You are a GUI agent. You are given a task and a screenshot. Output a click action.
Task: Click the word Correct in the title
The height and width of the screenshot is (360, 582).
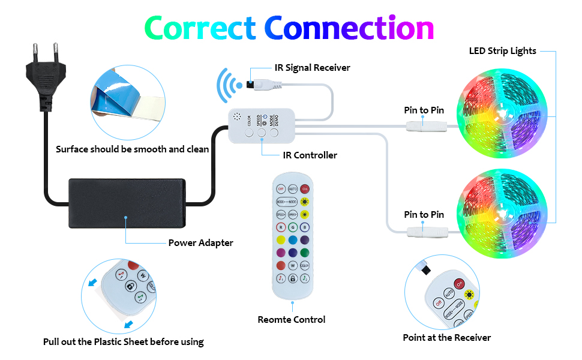tap(199, 28)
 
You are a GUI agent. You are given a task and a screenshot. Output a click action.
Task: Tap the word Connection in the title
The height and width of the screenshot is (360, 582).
tap(349, 28)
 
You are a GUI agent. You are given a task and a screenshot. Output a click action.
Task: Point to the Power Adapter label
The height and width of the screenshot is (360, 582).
tap(200, 243)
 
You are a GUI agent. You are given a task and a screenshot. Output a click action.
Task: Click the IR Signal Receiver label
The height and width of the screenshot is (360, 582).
tap(312, 67)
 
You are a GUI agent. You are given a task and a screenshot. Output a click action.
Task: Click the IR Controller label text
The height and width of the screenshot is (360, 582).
tap(310, 155)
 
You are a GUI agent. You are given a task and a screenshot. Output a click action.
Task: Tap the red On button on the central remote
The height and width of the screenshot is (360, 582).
tap(305, 189)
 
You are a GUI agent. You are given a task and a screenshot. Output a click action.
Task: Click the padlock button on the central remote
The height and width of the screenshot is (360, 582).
tap(293, 278)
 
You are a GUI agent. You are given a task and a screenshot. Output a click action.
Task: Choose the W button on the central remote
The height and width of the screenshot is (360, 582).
tap(293, 265)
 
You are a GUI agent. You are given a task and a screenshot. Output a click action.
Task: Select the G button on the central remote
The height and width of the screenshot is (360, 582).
tap(293, 227)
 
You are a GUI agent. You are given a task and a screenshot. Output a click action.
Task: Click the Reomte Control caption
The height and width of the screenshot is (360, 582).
tap(292, 320)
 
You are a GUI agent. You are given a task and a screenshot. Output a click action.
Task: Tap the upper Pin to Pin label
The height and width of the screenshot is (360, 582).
tap(424, 110)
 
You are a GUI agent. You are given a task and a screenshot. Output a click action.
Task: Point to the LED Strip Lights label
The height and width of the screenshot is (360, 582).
tap(502, 51)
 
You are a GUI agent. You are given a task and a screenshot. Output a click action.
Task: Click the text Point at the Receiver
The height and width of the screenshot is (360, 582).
tap(446, 337)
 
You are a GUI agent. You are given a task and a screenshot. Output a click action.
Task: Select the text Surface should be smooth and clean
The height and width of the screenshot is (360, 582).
tap(133, 149)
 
